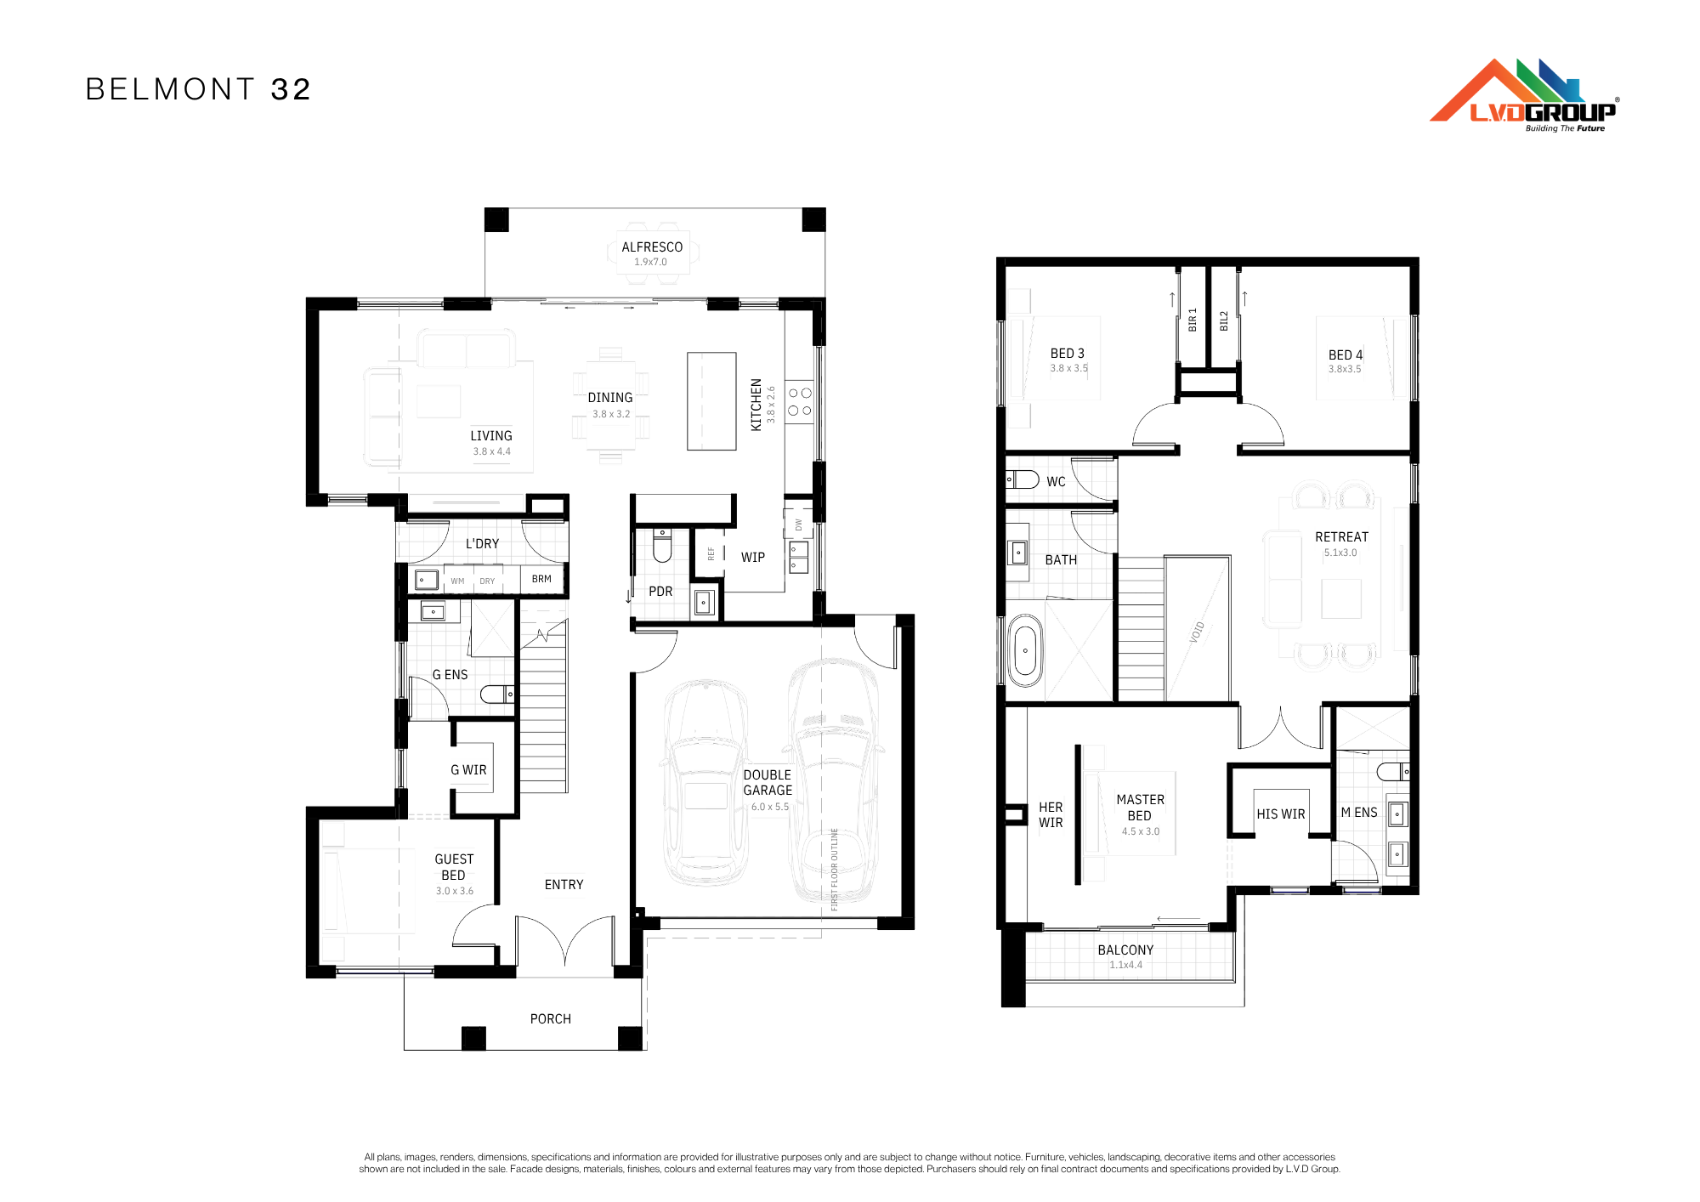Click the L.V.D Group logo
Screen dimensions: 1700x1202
coord(1524,95)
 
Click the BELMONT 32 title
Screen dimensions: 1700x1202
coord(199,89)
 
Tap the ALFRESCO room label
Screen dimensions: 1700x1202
coord(652,247)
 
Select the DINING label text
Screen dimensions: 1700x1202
coord(610,398)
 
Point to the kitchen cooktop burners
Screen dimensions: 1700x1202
coord(799,402)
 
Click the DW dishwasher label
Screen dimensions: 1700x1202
coord(798,524)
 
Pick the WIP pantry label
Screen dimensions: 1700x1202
coord(753,558)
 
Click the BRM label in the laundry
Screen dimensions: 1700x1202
coord(541,579)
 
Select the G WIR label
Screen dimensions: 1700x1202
coord(468,770)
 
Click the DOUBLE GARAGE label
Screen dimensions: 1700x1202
coord(768,783)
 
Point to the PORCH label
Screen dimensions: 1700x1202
coord(551,1019)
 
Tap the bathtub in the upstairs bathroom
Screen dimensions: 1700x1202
coord(1025,651)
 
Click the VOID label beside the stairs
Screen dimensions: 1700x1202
coord(1197,632)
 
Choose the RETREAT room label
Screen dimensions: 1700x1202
coord(1342,537)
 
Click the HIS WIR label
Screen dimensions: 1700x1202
coord(1281,814)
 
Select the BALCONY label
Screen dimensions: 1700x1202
coord(1125,950)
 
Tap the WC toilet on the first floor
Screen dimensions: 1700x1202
coord(1023,479)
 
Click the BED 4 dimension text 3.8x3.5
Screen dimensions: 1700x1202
coord(1345,369)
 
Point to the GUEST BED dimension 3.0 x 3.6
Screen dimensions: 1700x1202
coord(455,891)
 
